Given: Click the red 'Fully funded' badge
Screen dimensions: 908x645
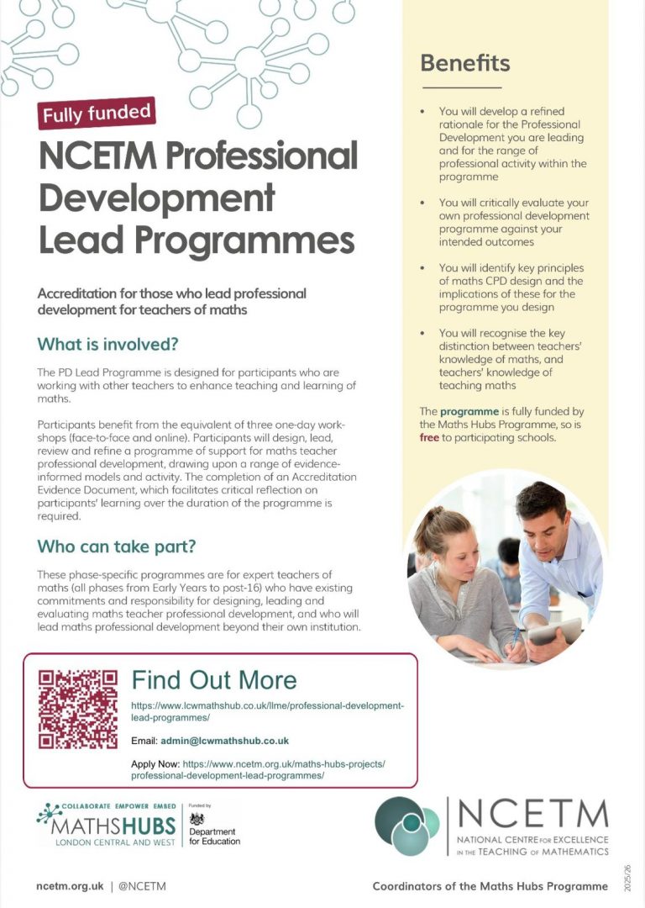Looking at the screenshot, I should [x=97, y=113].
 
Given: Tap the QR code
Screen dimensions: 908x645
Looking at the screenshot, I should [x=78, y=709].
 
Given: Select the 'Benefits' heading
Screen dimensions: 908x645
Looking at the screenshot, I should [x=464, y=63].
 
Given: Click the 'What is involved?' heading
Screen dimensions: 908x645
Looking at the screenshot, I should [x=108, y=345].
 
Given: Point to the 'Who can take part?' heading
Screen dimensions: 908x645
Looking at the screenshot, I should [x=117, y=546].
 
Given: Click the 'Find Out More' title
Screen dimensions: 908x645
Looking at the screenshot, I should [x=214, y=680].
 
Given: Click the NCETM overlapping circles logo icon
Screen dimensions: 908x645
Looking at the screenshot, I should [x=406, y=827].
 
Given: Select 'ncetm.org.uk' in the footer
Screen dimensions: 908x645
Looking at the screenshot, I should [x=70, y=886].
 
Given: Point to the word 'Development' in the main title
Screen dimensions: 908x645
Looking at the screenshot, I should [x=156, y=199].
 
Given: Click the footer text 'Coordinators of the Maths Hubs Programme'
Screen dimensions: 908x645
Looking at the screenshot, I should [x=490, y=886].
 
